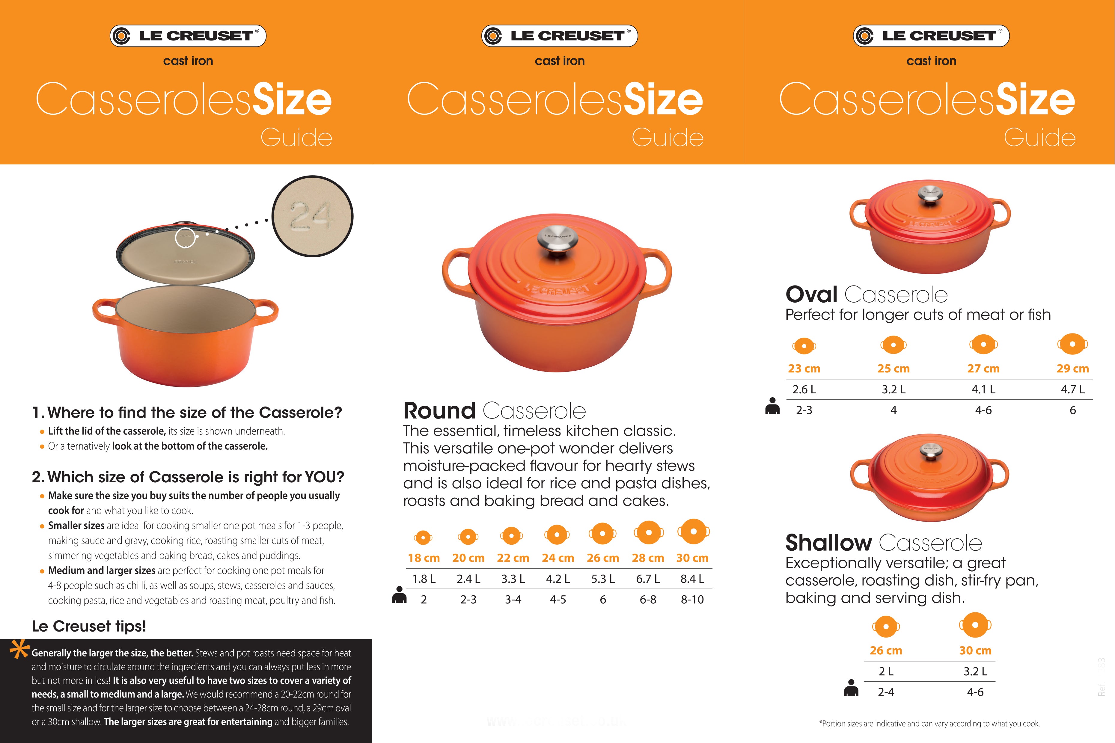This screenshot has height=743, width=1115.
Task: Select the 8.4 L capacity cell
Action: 692,579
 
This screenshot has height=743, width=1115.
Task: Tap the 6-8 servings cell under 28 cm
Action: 648,599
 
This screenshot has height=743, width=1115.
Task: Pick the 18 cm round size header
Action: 423,558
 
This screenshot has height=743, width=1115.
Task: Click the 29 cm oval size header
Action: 1072,369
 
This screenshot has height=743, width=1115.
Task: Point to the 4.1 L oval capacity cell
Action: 983,389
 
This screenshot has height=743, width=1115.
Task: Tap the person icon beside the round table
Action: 399,595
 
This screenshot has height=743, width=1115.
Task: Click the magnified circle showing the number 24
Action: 312,216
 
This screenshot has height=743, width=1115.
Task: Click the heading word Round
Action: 439,411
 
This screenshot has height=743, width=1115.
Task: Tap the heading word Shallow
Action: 828,543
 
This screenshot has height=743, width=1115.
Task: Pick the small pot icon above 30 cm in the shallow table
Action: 975,626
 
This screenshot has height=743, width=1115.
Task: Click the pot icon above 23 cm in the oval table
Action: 804,346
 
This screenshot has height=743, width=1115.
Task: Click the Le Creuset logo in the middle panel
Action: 559,36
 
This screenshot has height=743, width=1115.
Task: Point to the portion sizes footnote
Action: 929,724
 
